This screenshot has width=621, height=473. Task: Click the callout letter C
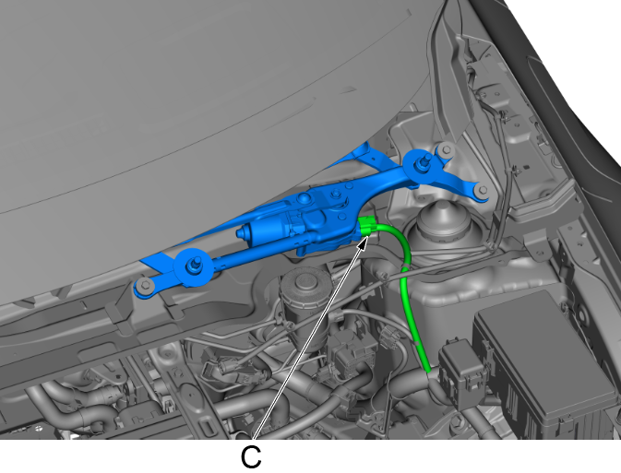click(x=251, y=457)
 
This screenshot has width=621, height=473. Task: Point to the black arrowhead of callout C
click(x=363, y=242)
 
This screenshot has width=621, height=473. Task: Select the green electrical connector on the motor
click(x=367, y=227)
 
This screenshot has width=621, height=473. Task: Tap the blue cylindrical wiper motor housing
click(x=269, y=229)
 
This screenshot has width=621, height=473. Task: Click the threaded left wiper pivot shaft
click(x=196, y=264)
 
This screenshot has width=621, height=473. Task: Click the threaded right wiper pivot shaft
click(x=424, y=161)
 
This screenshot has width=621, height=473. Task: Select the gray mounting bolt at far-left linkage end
click(x=145, y=285)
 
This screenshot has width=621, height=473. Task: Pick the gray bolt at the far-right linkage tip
click(x=482, y=190)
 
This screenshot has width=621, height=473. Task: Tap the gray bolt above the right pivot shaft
click(x=447, y=150)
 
